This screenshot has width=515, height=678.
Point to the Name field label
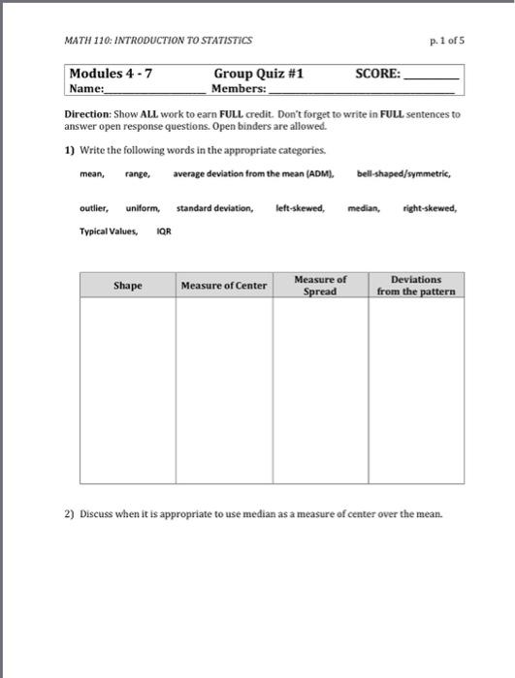click(x=86, y=88)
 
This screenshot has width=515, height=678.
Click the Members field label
click(x=239, y=88)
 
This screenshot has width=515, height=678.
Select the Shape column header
click(x=127, y=286)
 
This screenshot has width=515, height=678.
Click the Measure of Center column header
click(x=224, y=286)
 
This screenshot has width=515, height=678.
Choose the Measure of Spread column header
click(x=320, y=286)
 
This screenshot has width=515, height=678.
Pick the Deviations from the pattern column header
click(x=416, y=286)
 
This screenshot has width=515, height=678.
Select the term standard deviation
click(x=215, y=208)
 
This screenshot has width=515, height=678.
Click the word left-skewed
click(x=300, y=208)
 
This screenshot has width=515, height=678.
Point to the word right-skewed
click(x=430, y=208)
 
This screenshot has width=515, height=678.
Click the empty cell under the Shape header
click(x=127, y=387)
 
